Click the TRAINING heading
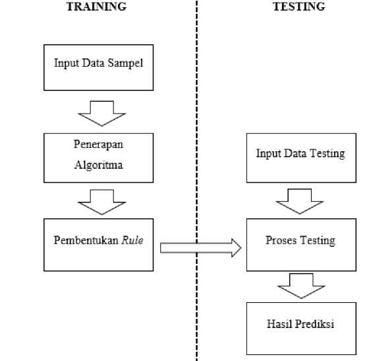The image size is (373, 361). tap(96, 7)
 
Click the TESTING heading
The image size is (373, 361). tap(299, 7)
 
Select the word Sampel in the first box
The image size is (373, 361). tap(125, 63)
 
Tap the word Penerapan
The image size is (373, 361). tap(98, 145)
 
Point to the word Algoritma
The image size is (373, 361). tap(98, 165)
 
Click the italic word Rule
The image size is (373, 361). tap(132, 240)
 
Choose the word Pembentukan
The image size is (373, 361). tap(86, 240)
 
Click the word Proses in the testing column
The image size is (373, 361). tap(281, 240)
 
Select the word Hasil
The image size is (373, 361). tap(279, 324)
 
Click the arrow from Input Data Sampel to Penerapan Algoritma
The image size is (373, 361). tap(101, 114)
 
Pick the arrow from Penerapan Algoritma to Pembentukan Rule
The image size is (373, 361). tap(101, 202)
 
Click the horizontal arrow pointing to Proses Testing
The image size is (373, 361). tap(201, 247)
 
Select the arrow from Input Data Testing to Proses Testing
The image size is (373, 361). tap(299, 201)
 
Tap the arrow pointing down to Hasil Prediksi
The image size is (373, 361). tap(301, 286)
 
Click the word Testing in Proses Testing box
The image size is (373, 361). tap(318, 241)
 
